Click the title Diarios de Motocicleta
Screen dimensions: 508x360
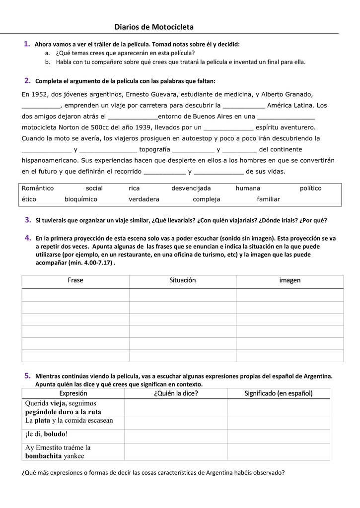click(x=154, y=27)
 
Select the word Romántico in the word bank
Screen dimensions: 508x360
click(x=38, y=189)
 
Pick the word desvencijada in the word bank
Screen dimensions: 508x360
click(x=191, y=189)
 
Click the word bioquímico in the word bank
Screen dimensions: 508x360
click(x=81, y=199)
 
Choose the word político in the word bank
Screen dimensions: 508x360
click(x=311, y=189)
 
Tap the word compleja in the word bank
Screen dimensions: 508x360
click(x=206, y=199)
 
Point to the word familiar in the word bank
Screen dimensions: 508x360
click(x=268, y=199)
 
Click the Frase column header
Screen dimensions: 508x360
click(x=75, y=280)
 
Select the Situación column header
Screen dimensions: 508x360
click(x=183, y=280)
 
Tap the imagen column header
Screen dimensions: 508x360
click(x=289, y=280)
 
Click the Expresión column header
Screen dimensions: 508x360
click(x=73, y=393)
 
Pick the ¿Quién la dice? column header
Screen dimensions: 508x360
click(x=176, y=393)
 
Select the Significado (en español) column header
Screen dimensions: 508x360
click(x=279, y=393)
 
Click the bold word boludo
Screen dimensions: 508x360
click(x=55, y=434)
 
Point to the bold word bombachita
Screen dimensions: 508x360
click(x=44, y=456)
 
